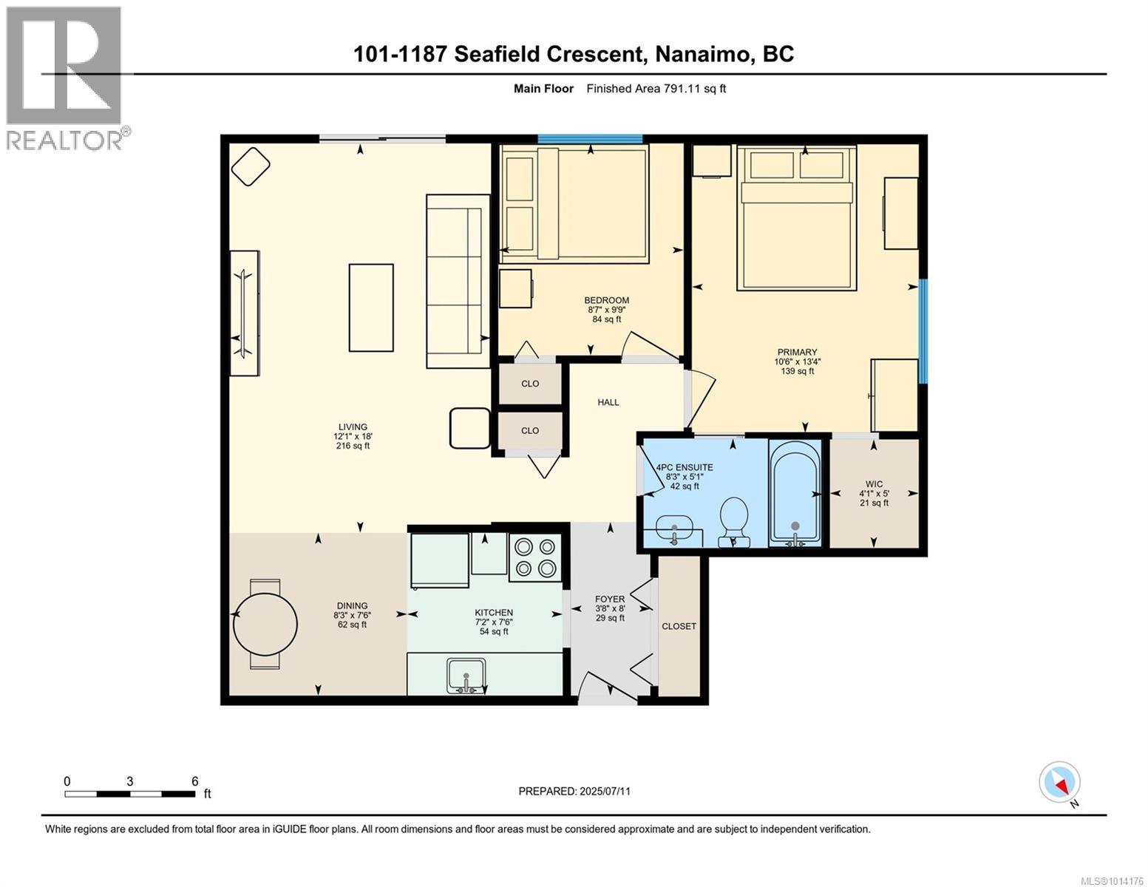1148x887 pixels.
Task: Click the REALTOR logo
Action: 66,78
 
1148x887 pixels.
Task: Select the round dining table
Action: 265,625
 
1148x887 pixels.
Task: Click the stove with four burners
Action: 535,557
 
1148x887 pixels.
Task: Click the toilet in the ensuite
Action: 734,521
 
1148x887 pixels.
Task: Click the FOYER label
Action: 610,599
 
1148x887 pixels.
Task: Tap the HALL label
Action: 608,402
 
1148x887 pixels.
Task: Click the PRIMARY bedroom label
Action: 797,352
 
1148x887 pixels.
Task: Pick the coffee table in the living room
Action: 371,307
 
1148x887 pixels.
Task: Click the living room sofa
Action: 458,281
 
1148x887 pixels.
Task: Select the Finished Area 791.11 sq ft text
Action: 656,89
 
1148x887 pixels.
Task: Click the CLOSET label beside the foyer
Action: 679,626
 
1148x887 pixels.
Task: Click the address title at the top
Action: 573,55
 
